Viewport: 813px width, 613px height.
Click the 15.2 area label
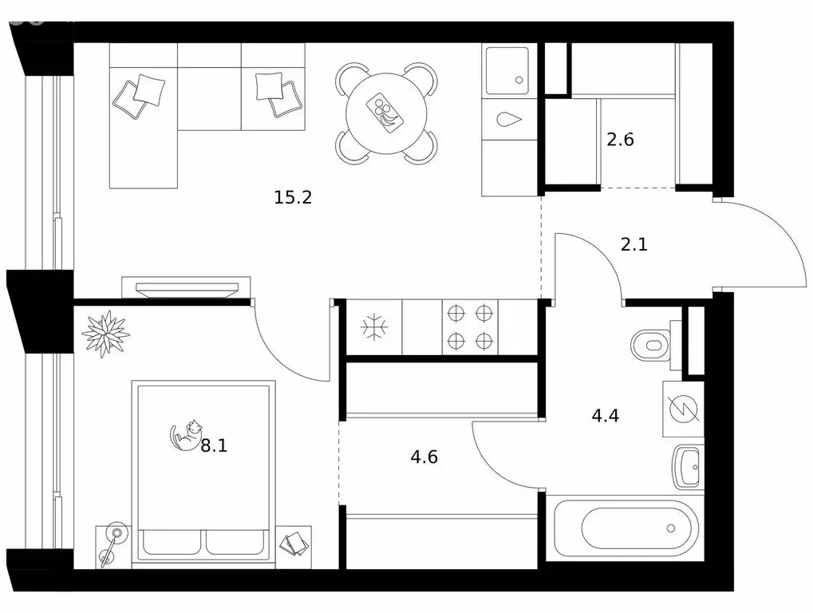293,198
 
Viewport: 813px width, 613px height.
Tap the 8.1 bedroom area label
214,445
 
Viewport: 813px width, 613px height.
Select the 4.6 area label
424,457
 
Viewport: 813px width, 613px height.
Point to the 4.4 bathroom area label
605,415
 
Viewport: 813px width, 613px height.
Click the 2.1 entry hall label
634,244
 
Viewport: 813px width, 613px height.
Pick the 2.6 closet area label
620,140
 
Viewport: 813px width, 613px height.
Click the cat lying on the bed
186,435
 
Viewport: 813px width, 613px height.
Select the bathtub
624,528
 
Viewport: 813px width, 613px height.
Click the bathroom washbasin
689,466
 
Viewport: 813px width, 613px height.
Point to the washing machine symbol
684,409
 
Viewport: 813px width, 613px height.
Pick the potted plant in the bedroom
106,334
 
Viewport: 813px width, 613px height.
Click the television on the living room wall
186,289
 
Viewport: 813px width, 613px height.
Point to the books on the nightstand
294,543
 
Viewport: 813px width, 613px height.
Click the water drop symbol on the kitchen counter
509,120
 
